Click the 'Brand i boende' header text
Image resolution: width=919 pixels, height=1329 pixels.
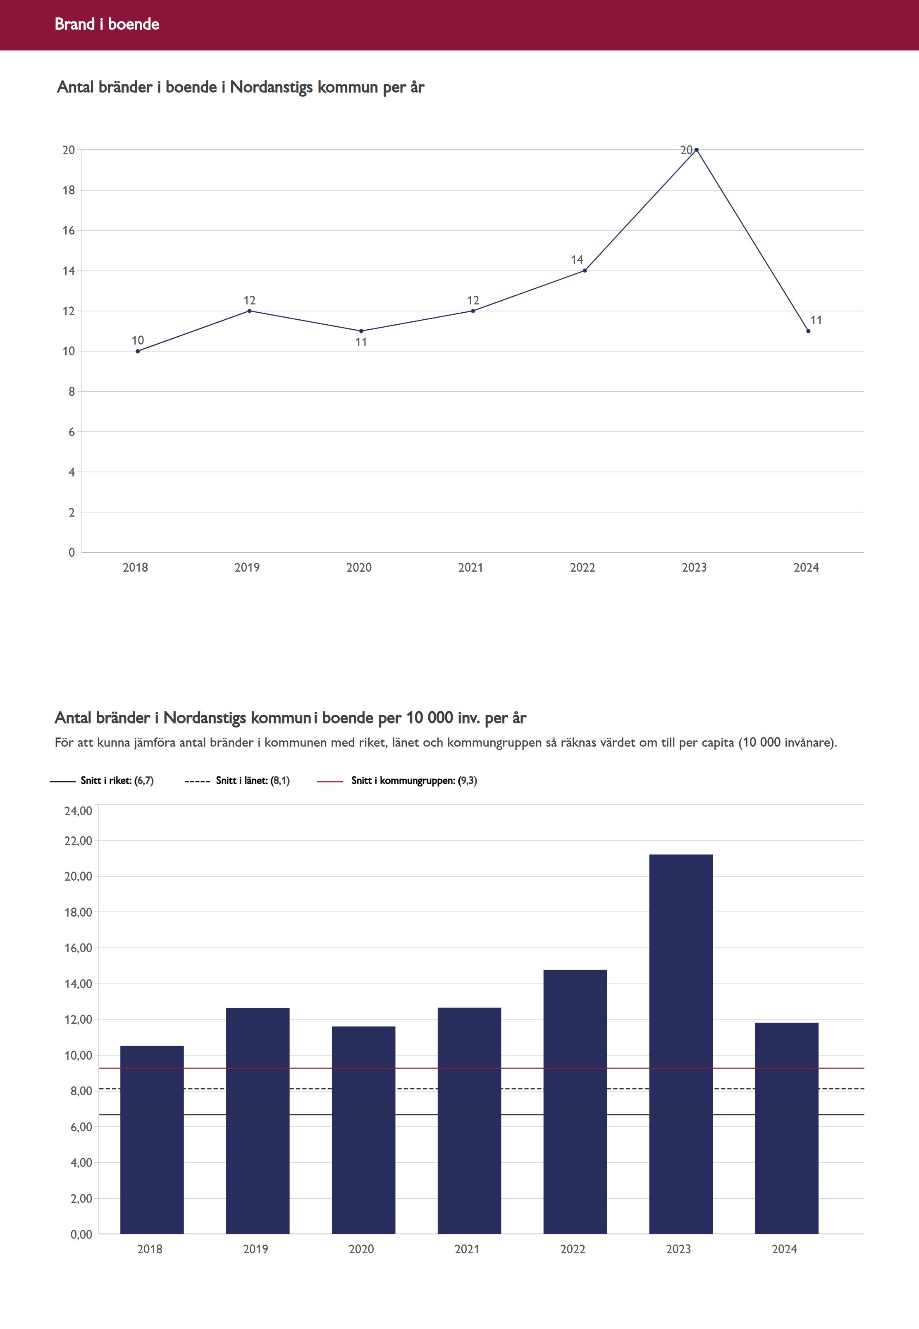[107, 24]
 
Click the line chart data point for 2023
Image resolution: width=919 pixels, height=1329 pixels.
[696, 150]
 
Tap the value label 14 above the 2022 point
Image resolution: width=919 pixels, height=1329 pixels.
[577, 260]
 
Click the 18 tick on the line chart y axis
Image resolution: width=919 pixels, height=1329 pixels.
[69, 190]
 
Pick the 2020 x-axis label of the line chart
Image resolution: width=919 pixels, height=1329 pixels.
[359, 568]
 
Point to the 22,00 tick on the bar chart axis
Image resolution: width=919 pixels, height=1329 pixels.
[78, 841]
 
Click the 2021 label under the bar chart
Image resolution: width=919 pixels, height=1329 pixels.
[467, 1249]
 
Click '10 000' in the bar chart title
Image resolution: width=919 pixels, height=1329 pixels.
[430, 718]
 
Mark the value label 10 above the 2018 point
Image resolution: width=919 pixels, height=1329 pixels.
[138, 340]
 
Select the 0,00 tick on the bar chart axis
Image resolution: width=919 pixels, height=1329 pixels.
[81, 1234]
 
